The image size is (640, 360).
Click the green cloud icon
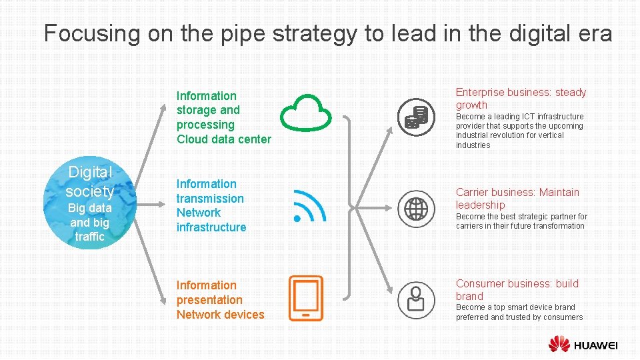point(306,111)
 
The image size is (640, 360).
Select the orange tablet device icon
point(306,299)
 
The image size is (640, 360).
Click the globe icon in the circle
point(417,209)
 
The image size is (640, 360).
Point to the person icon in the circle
point(417,299)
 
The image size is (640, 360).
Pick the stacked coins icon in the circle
point(417,117)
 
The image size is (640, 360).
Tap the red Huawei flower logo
point(559,345)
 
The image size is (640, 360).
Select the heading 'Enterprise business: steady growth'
point(521,99)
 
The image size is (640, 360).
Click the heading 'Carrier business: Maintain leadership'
point(517,199)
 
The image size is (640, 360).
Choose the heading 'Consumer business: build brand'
point(517,290)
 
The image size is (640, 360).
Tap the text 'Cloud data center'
point(223,139)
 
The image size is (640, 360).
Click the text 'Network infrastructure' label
point(211,220)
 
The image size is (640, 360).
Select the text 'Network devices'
point(220,315)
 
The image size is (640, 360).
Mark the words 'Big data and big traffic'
point(90,222)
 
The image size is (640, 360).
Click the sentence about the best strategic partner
point(521,221)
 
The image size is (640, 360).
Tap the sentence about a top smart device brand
point(519,313)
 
